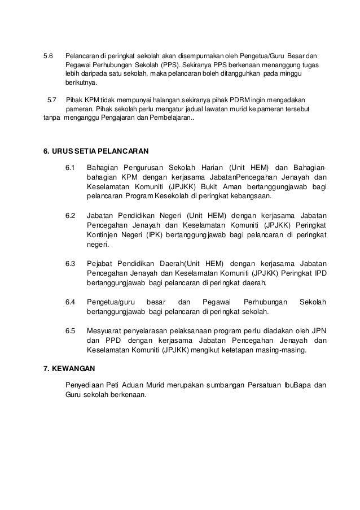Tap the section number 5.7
[52, 99]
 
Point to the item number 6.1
[71, 168]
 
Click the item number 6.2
[71, 215]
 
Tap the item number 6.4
[71, 301]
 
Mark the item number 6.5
[71, 330]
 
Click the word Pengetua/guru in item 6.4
[108, 301]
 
